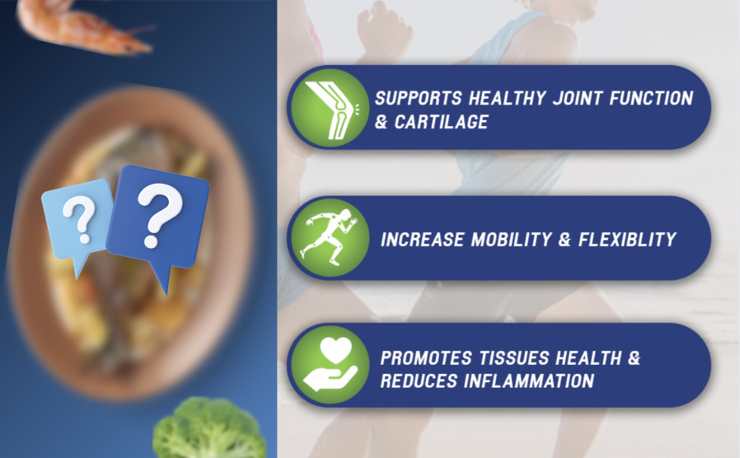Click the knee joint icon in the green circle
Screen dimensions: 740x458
[x=330, y=110]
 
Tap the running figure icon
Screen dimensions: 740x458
[x=329, y=236]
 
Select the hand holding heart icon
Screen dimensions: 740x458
[x=330, y=363]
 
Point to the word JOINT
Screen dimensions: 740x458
[x=578, y=98]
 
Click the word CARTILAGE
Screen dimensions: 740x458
[x=441, y=122]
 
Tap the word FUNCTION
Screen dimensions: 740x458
[x=651, y=98]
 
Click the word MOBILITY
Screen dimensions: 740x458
[x=512, y=240]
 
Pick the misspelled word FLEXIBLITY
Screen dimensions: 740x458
[x=628, y=240]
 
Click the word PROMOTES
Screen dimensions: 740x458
[x=426, y=358]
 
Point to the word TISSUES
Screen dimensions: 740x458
[x=513, y=358]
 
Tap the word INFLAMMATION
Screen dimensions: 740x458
[x=528, y=381]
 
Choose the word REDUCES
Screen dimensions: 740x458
[x=419, y=381]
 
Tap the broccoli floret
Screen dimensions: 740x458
[x=209, y=429]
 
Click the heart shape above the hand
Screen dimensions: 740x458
[x=335, y=350]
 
